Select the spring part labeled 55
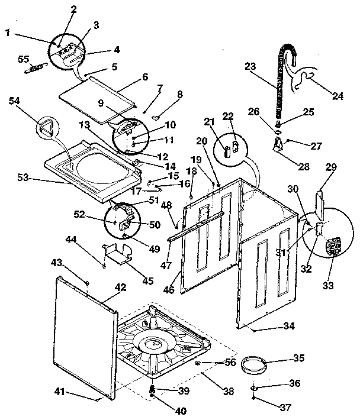tap(34, 69)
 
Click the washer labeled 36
tap(254, 387)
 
